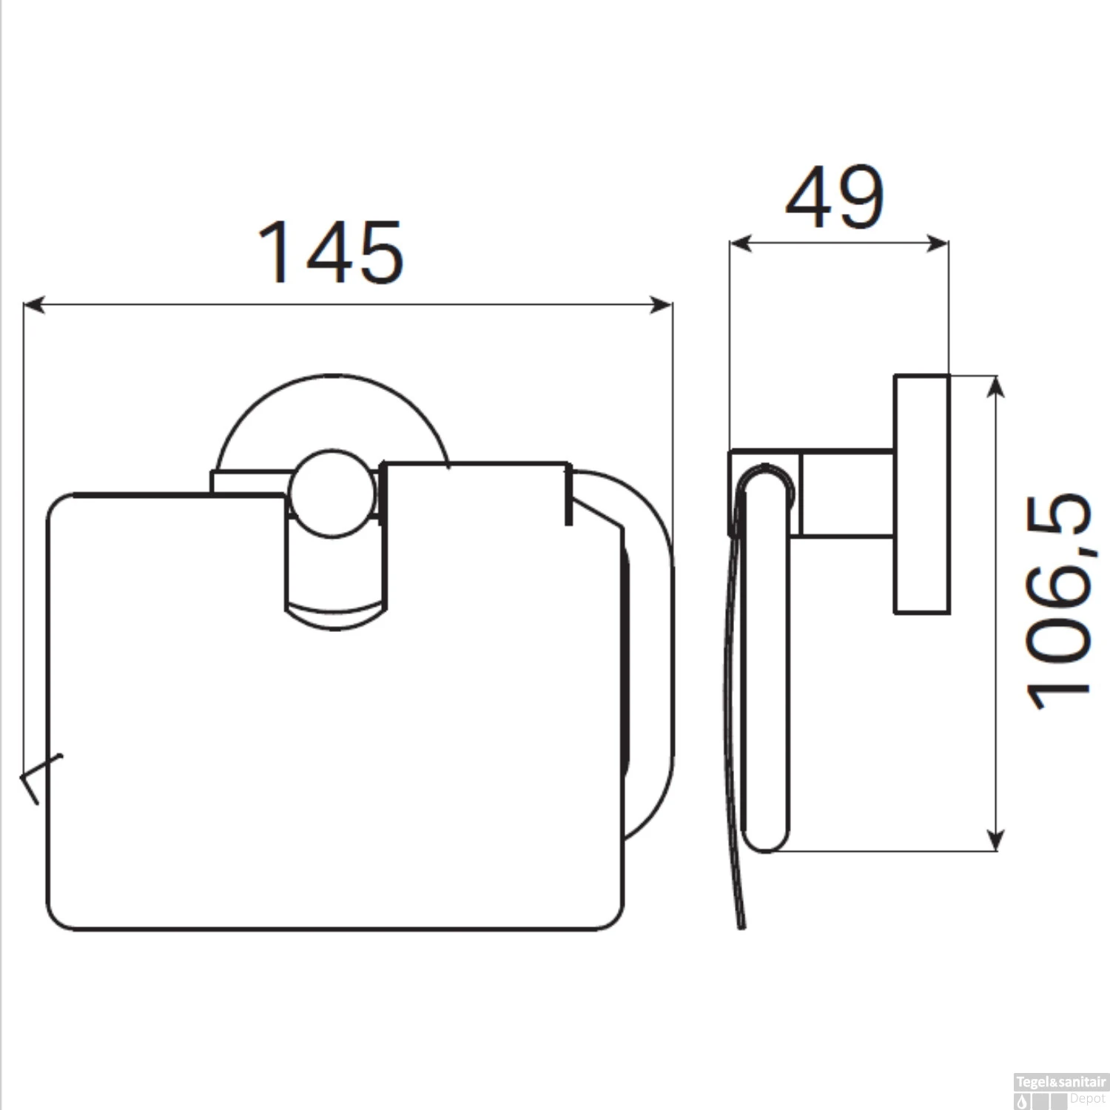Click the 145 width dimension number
pos(330,253)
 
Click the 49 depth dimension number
pos(834,198)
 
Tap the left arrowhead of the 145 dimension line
pos(33,304)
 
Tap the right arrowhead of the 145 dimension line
pos(662,304)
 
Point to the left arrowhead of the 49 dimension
pos(739,243)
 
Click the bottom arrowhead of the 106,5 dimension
pos(996,841)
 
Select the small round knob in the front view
pos(332,493)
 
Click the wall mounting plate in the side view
pos(921,494)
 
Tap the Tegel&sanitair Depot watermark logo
pos(1060,1091)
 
